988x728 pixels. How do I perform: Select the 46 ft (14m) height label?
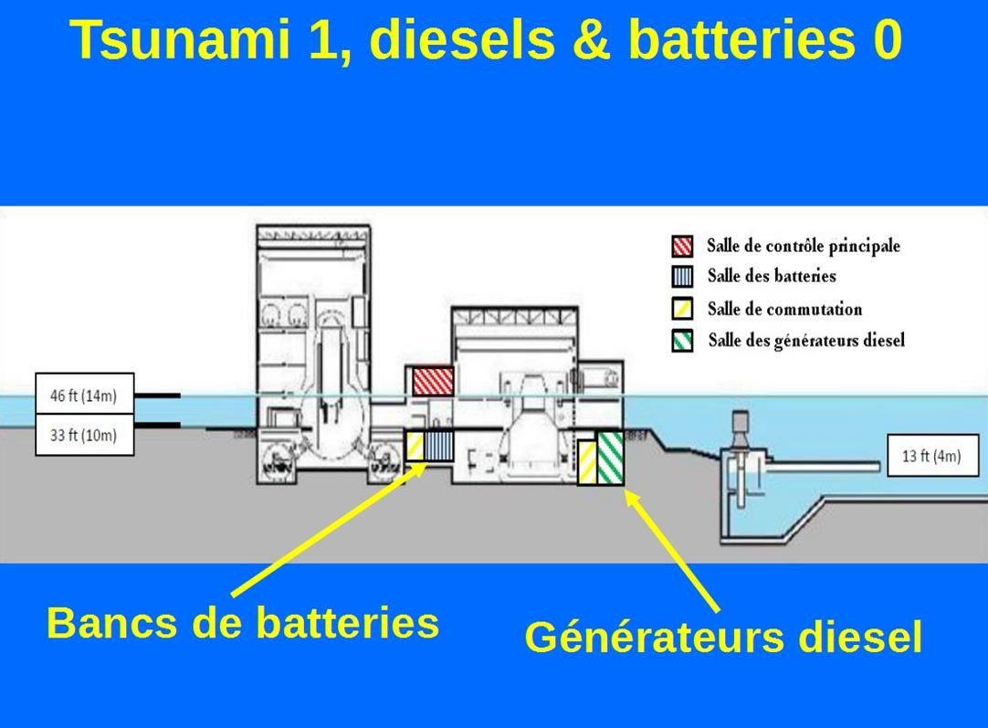click(84, 396)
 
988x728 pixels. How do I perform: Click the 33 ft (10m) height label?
click(84, 435)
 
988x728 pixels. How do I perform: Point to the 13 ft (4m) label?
click(931, 455)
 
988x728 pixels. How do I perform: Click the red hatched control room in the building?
click(433, 381)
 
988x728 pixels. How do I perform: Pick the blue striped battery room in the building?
click(439, 446)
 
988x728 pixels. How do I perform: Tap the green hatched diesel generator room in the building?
click(611, 457)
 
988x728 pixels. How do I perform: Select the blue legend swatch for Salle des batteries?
click(683, 277)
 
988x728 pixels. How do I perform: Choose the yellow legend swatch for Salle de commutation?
click(683, 309)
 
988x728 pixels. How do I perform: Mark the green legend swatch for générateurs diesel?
click(683, 341)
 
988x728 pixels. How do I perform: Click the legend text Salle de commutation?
click(784, 310)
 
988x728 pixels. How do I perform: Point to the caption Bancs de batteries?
click(243, 623)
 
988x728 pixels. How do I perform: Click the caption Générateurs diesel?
click(723, 637)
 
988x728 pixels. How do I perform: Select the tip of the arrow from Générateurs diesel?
click(626, 492)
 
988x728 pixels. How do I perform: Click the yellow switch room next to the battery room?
click(415, 446)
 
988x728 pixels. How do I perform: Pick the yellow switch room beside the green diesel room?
click(587, 461)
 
